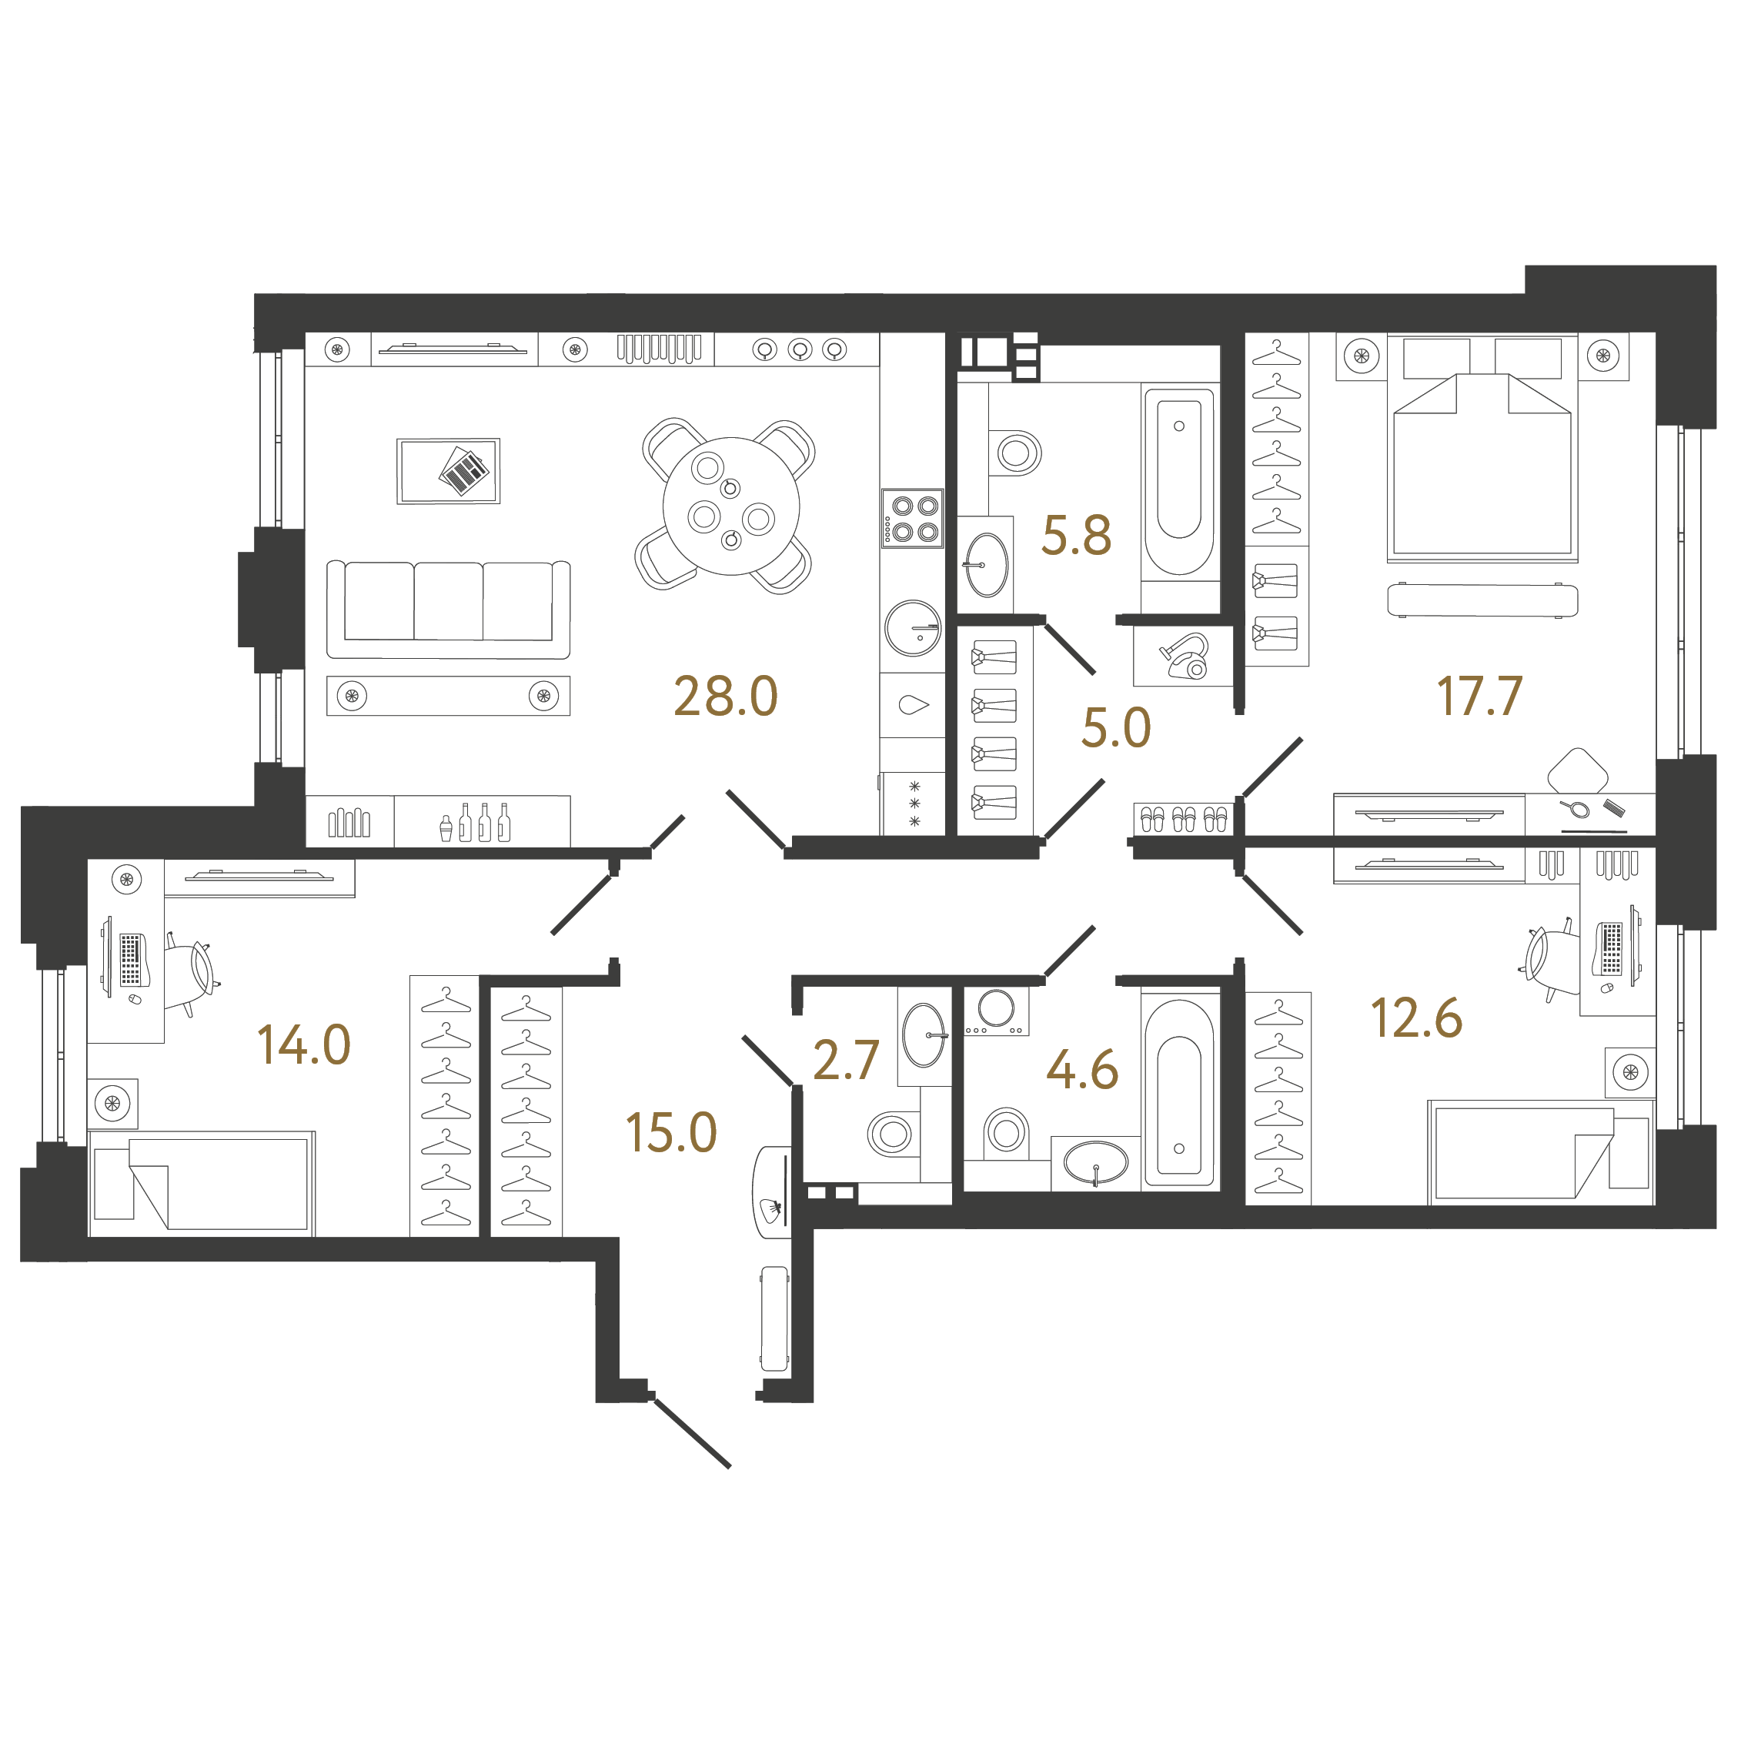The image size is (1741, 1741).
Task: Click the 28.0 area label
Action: [725, 697]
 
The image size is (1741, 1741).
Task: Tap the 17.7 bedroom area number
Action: [1479, 697]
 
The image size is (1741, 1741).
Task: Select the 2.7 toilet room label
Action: [845, 1060]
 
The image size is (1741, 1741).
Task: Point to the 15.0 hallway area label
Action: [671, 1133]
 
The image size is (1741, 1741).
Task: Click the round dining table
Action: [731, 506]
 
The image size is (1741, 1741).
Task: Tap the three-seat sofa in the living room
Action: [448, 609]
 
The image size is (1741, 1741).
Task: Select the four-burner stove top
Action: [912, 519]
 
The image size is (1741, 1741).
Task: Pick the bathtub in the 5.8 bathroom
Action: [1178, 482]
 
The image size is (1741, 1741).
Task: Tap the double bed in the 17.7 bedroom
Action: [1482, 449]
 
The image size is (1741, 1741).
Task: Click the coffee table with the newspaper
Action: [449, 471]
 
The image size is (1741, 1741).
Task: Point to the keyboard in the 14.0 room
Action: [131, 960]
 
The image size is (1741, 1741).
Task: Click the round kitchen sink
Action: [913, 628]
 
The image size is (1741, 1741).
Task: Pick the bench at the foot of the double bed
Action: [1482, 600]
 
